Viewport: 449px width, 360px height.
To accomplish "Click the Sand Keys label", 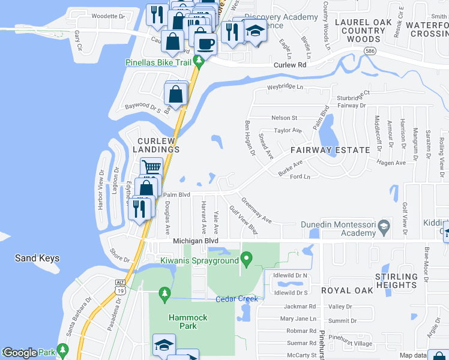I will click(37, 259).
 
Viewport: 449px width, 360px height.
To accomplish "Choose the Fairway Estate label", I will click(330, 150).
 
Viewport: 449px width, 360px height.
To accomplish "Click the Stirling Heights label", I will click(396, 280).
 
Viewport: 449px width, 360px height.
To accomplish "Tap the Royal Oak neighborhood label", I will click(347, 290).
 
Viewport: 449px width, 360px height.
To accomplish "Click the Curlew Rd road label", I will click(290, 65).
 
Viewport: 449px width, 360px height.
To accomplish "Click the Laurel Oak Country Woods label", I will click(363, 31).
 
